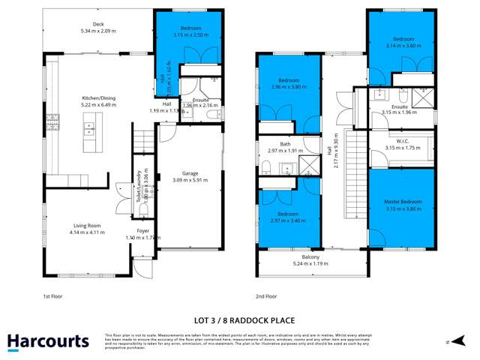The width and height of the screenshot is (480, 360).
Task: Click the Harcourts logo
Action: click(x=48, y=341)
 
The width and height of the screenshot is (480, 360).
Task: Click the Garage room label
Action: click(x=190, y=173)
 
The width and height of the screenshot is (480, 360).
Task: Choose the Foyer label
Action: click(x=143, y=231)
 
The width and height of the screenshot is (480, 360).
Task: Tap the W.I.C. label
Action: click(x=402, y=141)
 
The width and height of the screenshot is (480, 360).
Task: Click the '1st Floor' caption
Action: click(x=53, y=297)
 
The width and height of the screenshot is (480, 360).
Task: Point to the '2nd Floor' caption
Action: click(x=266, y=297)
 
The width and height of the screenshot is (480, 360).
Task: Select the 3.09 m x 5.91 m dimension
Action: click(x=190, y=180)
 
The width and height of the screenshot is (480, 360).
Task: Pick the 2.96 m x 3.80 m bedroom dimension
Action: click(x=289, y=86)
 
